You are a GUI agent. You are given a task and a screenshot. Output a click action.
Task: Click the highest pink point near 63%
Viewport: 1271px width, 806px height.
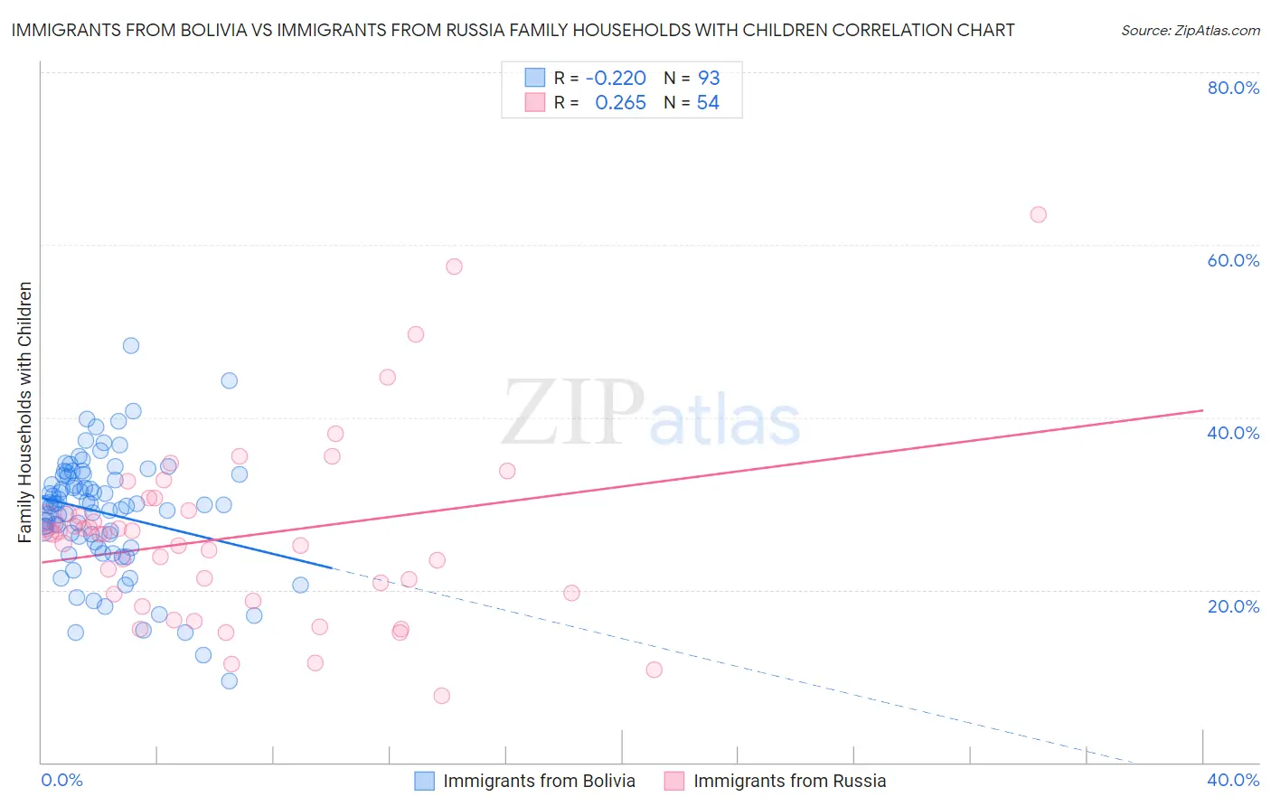(1038, 214)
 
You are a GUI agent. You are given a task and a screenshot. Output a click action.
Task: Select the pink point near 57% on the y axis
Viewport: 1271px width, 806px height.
(454, 267)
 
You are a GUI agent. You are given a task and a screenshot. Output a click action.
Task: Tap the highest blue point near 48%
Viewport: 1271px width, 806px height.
(131, 345)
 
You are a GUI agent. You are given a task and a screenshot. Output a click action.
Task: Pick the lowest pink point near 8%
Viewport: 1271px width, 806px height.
(441, 696)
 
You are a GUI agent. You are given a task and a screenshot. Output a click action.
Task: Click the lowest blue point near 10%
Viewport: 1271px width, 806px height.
(230, 681)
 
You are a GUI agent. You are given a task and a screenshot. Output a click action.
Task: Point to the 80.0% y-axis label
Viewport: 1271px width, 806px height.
(1233, 88)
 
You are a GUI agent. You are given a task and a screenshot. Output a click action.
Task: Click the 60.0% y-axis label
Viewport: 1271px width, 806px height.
(1233, 260)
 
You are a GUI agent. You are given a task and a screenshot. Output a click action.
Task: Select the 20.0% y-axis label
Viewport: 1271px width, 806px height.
(1233, 606)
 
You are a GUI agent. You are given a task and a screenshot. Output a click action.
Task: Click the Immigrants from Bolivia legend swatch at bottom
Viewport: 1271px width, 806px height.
(424, 781)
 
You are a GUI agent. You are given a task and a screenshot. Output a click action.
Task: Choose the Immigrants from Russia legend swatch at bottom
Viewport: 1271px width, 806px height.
(674, 781)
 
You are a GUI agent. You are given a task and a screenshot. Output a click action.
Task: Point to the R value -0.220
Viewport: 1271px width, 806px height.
(616, 78)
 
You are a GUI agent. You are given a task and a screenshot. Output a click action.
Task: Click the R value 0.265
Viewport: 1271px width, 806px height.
(620, 103)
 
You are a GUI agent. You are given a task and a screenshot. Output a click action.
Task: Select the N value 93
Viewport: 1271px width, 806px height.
(709, 78)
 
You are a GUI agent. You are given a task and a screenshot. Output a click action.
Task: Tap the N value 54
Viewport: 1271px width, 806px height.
(708, 103)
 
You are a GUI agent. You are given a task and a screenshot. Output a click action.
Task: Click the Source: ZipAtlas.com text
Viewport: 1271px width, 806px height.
(1190, 31)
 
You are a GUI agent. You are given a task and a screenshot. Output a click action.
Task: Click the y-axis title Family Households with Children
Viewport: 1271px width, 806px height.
(25, 412)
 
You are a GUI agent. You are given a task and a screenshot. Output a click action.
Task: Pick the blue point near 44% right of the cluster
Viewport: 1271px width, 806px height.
(230, 380)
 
